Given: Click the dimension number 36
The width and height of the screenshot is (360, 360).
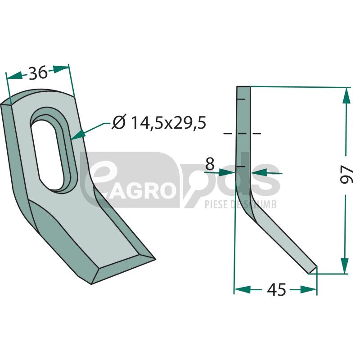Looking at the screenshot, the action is click(x=38, y=73).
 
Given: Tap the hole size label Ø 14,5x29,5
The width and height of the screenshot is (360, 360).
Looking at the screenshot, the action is click(x=159, y=122).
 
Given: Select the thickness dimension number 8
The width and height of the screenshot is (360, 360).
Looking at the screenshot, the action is click(x=210, y=164).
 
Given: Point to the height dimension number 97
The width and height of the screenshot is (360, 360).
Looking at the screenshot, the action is click(x=346, y=174).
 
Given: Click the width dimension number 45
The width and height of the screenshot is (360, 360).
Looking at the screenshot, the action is click(x=276, y=289).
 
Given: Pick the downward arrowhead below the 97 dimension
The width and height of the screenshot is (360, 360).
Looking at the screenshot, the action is click(x=345, y=265).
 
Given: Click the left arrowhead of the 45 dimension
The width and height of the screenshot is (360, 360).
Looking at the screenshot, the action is click(x=242, y=290).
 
